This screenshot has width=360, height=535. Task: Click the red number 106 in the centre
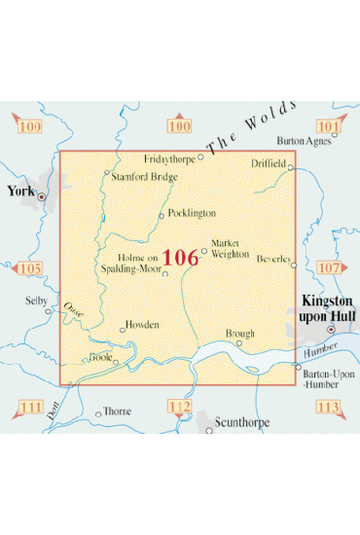[180, 257]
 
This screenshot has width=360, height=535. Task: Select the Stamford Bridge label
[143, 177]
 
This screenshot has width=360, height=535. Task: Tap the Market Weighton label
[226, 247]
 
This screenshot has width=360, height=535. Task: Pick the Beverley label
[272, 259]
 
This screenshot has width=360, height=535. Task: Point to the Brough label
[239, 333]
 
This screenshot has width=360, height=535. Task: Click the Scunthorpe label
[246, 423]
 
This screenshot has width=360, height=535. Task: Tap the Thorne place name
[117, 412]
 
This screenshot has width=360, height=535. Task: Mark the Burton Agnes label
[305, 140]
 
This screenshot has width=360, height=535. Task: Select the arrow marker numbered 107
[330, 267]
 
